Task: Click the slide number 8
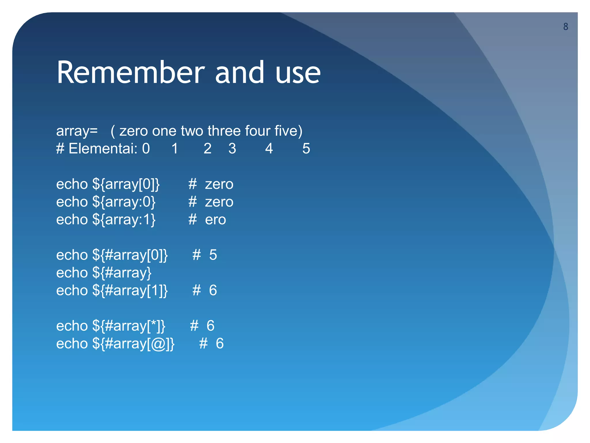(x=566, y=27)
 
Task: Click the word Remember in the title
(x=131, y=72)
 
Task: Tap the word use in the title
(x=298, y=72)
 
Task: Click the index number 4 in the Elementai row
(x=269, y=149)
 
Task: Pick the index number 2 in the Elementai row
(x=207, y=149)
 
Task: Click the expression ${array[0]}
(x=126, y=184)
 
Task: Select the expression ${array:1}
(x=124, y=220)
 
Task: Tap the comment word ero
(x=215, y=220)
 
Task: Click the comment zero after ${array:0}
(x=219, y=202)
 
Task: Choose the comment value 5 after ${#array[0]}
(x=213, y=255)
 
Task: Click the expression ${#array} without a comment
(x=122, y=273)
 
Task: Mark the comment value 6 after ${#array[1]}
(x=213, y=290)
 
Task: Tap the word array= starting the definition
(x=77, y=131)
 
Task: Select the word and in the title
(x=239, y=72)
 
